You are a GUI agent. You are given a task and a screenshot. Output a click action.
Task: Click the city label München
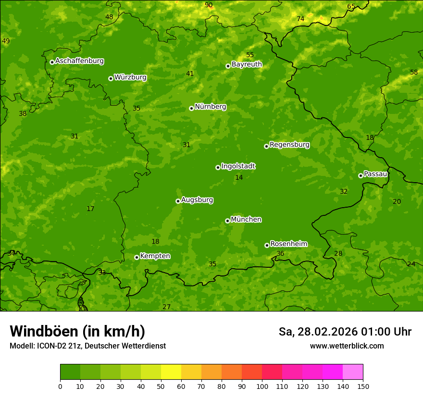pyautogui.click(x=246, y=220)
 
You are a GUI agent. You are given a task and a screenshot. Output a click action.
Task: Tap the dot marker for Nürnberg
pyautogui.click(x=191, y=108)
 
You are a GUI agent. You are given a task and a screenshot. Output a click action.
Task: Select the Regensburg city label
pyautogui.click(x=289, y=145)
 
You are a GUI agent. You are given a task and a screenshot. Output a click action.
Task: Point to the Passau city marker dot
pyautogui.click(x=361, y=175)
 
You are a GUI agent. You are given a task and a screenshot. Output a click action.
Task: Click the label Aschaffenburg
pyautogui.click(x=79, y=61)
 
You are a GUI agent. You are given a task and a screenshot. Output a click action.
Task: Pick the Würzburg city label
pyautogui.click(x=130, y=77)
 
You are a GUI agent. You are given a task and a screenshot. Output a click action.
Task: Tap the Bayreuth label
pyautogui.click(x=247, y=64)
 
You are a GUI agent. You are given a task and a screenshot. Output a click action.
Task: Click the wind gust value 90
pyautogui.click(x=209, y=5)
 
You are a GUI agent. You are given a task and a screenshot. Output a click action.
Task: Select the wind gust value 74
pyautogui.click(x=300, y=19)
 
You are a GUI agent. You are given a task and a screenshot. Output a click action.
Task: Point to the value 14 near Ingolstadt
pyautogui.click(x=239, y=177)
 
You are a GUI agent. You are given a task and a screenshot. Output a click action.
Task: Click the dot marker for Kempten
pyautogui.click(x=137, y=257)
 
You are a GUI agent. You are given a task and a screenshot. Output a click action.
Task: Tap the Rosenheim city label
pyautogui.click(x=288, y=244)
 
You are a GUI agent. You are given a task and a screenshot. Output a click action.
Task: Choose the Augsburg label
pyautogui.click(x=197, y=200)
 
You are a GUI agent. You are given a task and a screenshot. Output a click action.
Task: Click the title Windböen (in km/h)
pyautogui.click(x=77, y=331)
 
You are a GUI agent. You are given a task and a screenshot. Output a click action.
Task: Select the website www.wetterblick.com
pyautogui.click(x=347, y=346)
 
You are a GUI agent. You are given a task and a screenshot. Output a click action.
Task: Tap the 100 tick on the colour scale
pyautogui.click(x=262, y=386)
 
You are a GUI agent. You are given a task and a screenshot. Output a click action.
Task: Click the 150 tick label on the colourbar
pyautogui.click(x=363, y=386)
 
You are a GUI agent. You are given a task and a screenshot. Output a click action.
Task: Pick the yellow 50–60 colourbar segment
pyautogui.click(x=171, y=372)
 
